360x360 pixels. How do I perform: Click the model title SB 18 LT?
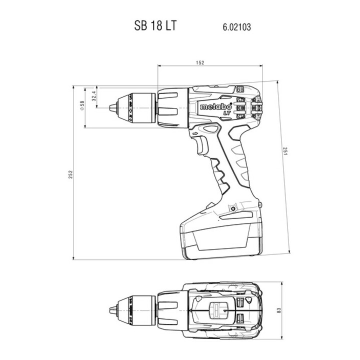tap(155, 25)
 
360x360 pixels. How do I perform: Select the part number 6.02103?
tap(236, 27)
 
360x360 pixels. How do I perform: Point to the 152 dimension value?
tap(200, 62)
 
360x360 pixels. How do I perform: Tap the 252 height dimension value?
tap(70, 174)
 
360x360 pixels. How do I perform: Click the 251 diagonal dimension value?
tap(285, 151)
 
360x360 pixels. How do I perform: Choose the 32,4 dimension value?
tap(93, 95)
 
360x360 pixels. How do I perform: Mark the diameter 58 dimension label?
tap(82, 106)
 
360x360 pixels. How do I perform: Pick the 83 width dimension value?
tap(279, 310)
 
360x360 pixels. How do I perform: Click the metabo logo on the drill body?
tap(216, 106)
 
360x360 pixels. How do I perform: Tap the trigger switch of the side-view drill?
tap(202, 145)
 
